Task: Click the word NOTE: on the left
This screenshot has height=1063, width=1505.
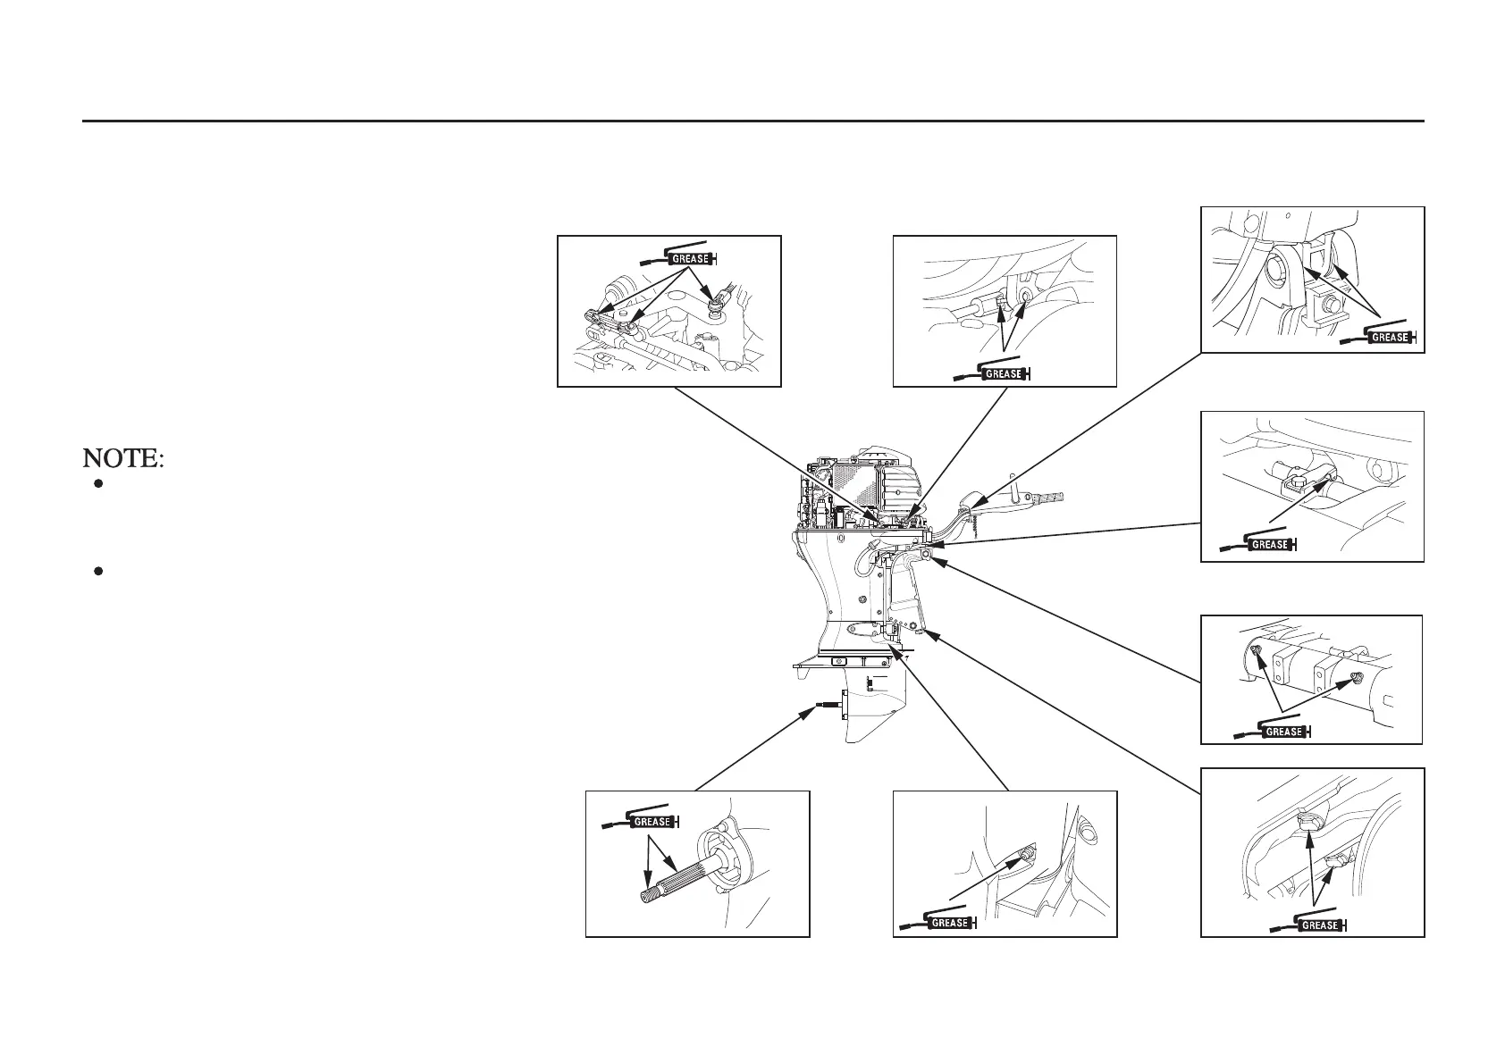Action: point(123,459)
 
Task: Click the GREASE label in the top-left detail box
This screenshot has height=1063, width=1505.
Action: point(690,259)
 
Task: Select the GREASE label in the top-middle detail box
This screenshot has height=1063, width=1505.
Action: point(1003,374)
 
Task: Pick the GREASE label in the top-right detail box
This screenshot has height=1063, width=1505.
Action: point(1390,338)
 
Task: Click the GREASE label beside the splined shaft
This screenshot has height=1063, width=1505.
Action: point(652,822)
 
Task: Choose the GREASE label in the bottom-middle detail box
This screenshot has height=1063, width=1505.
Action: point(949,923)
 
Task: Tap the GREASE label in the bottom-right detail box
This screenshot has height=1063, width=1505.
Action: point(1319,925)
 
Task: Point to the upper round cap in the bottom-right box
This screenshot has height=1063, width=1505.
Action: point(1307,820)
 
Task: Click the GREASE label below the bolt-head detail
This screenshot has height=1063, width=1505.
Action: point(1269,544)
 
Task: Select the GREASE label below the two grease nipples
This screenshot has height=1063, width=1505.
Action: point(1284,732)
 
